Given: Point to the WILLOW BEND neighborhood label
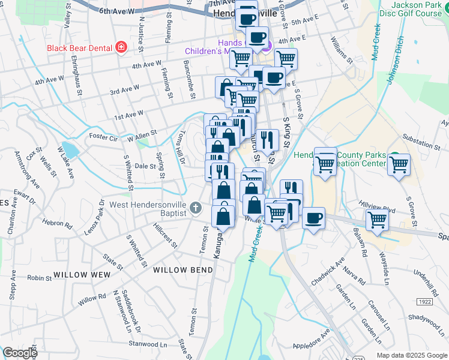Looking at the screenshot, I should click(x=183, y=270).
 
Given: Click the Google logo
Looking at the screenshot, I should click(x=19, y=353).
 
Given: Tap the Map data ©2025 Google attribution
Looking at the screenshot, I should click(x=411, y=355).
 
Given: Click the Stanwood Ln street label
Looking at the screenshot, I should click(x=148, y=344).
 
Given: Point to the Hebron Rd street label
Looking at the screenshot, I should click(x=57, y=224).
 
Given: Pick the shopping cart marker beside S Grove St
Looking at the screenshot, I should click(x=398, y=164).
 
